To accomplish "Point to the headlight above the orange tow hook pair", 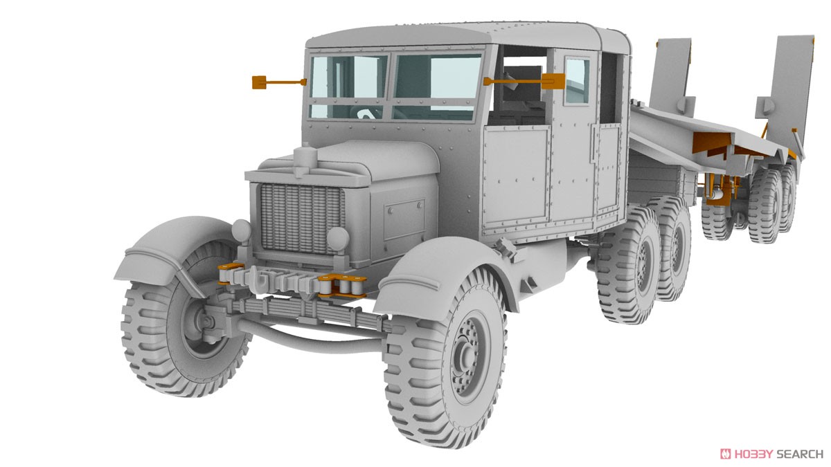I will click(x=337, y=239).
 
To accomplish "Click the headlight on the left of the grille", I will click(x=240, y=230).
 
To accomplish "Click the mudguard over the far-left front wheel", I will click(x=173, y=249).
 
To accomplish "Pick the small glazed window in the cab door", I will click(x=577, y=80).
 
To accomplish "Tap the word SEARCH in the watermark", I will click(x=799, y=454).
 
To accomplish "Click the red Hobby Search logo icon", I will click(x=726, y=454).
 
